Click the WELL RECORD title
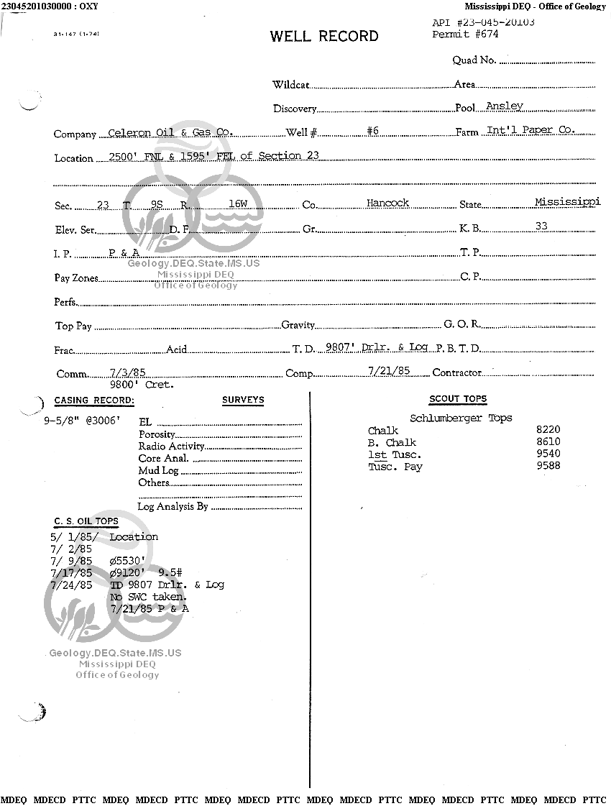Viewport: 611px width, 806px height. pyautogui.click(x=324, y=37)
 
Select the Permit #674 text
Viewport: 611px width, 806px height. pyautogui.click(x=465, y=34)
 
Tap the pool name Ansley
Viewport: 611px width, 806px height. pyautogui.click(x=505, y=106)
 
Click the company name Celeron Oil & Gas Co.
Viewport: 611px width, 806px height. pyautogui.click(x=170, y=132)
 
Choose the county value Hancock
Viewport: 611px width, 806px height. pyautogui.click(x=387, y=203)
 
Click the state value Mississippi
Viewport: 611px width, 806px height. pyautogui.click(x=567, y=202)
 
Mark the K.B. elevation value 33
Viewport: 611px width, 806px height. pyautogui.click(x=541, y=226)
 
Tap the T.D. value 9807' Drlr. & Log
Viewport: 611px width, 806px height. pyautogui.click(x=377, y=347)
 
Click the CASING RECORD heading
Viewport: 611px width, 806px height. pyautogui.click(x=94, y=400)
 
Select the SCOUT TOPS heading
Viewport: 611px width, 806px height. pyautogui.click(x=458, y=399)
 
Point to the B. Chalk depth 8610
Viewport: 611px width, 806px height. pyautogui.click(x=548, y=442)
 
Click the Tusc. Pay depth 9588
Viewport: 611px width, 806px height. pyautogui.click(x=548, y=466)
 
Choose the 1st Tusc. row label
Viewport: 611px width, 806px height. pyautogui.click(x=395, y=454)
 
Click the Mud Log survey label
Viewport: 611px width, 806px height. pyautogui.click(x=158, y=470)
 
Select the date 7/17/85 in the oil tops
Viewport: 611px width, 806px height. pyautogui.click(x=72, y=573)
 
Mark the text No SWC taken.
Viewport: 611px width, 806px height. pyautogui.click(x=149, y=597)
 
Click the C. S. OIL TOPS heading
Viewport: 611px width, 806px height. pyautogui.click(x=86, y=521)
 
